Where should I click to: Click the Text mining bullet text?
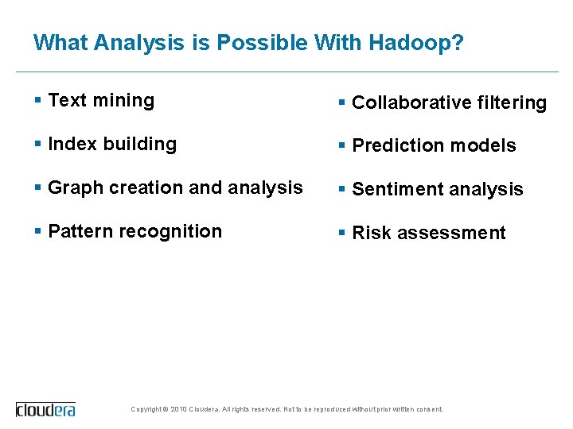pyautogui.click(x=101, y=100)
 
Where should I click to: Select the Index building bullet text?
pyautogui.click(x=112, y=144)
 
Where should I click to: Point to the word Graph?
pyautogui.click(x=76, y=188)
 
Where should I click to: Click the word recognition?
pyautogui.click(x=176, y=232)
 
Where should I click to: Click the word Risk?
pyautogui.click(x=369, y=233)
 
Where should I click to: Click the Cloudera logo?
pyautogui.click(x=46, y=409)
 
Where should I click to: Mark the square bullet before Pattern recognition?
pyautogui.click(x=38, y=232)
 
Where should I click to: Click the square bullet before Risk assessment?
pyautogui.click(x=341, y=233)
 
